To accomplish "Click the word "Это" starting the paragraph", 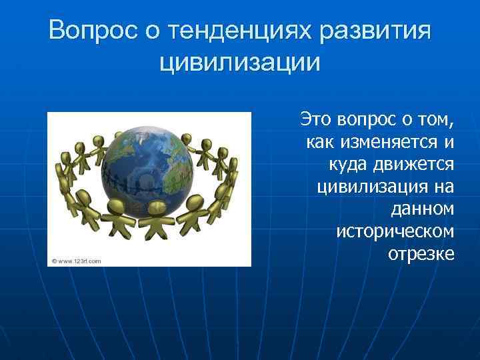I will pos(315,120).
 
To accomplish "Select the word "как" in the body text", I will pos(321,142).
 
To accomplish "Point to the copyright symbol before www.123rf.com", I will pos(52,261).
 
